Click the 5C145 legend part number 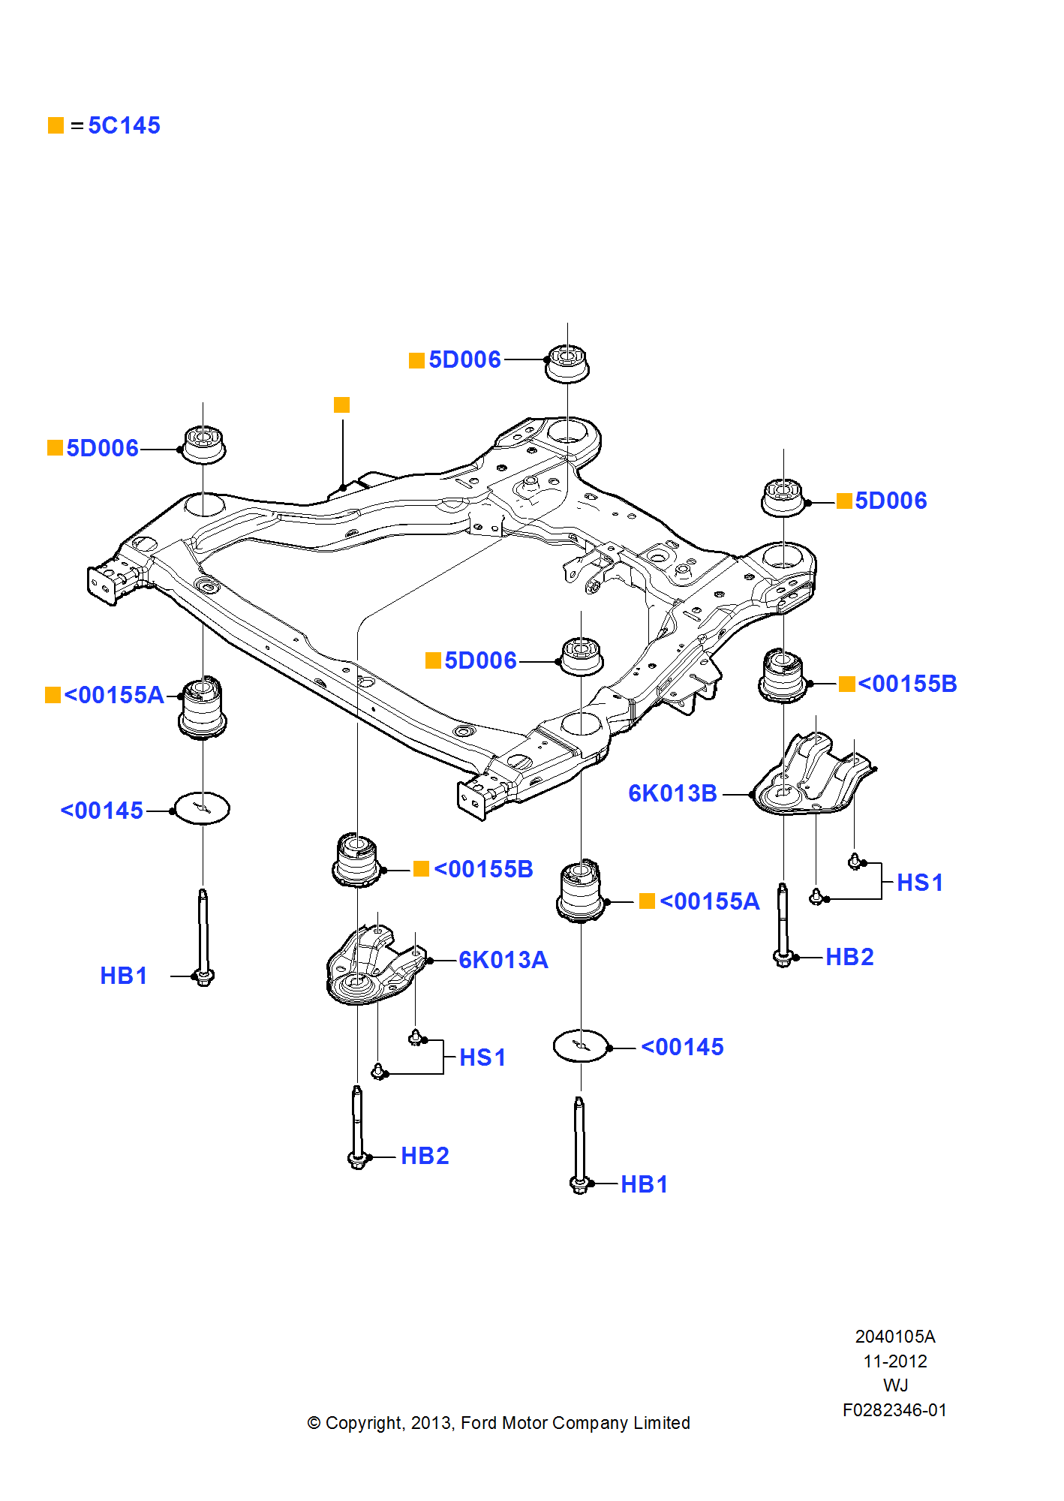coord(124,125)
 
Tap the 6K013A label coord(503,960)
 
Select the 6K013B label coord(673,793)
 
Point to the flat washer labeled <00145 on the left coord(202,808)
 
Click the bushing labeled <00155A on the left coord(203,708)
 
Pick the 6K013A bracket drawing coord(375,965)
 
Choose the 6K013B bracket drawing coord(812,777)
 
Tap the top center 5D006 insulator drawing coord(567,363)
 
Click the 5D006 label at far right coord(891,501)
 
